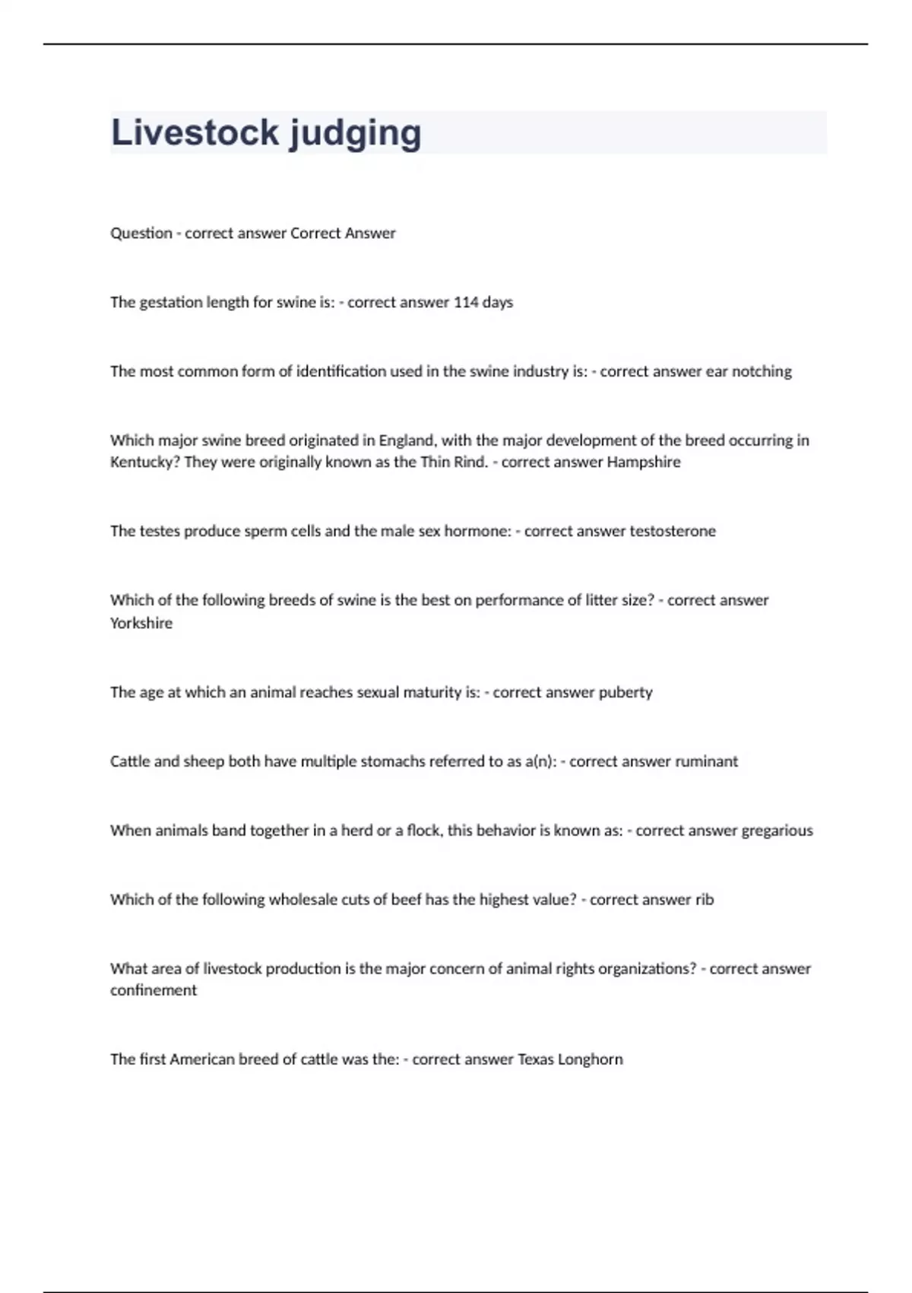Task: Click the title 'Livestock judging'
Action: coord(266,133)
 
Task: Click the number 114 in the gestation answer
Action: coord(466,302)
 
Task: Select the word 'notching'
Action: coord(762,371)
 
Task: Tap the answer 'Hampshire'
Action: coord(644,462)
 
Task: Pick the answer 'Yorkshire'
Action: coord(141,623)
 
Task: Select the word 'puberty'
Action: coord(625,692)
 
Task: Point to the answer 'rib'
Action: coord(705,900)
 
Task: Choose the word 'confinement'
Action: coord(154,990)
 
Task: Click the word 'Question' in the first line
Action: coord(141,234)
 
